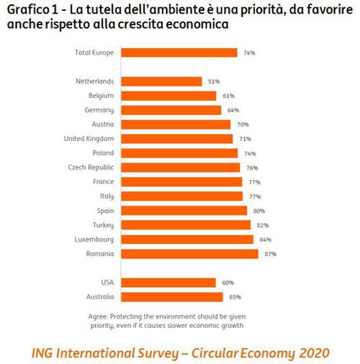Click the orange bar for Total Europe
pyautogui.click(x=179, y=53)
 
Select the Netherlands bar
pyautogui.click(x=161, y=81)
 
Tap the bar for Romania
pyautogui.click(x=189, y=254)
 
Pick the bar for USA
pyautogui.click(x=168, y=283)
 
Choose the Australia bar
pyautogui.click(x=171, y=297)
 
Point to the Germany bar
pyautogui.click(x=171, y=110)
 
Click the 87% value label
pyautogui.click(x=270, y=254)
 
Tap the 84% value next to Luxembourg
pyautogui.click(x=266, y=240)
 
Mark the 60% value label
pyautogui.click(x=228, y=283)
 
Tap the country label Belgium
pyautogui.click(x=100, y=96)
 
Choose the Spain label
pyautogui.click(x=102, y=211)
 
